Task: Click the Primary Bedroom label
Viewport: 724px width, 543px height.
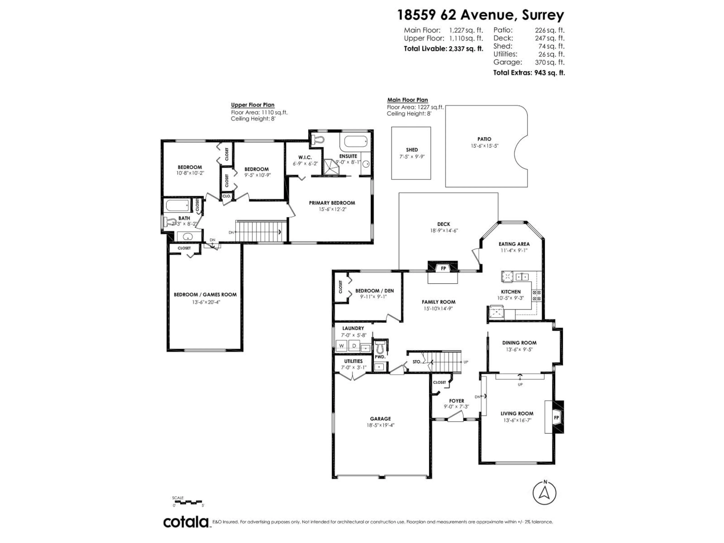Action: point(332,203)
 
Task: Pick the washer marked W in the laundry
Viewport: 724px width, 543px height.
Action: point(342,346)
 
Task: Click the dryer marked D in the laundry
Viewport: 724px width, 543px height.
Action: point(354,346)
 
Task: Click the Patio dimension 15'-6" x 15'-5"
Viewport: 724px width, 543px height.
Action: point(484,146)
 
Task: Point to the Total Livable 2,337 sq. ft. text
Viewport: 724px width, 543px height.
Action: point(443,49)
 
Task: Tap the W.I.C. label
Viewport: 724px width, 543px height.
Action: point(305,157)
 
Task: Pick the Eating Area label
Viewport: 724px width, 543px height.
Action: point(514,244)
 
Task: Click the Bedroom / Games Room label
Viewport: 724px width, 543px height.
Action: point(205,295)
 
